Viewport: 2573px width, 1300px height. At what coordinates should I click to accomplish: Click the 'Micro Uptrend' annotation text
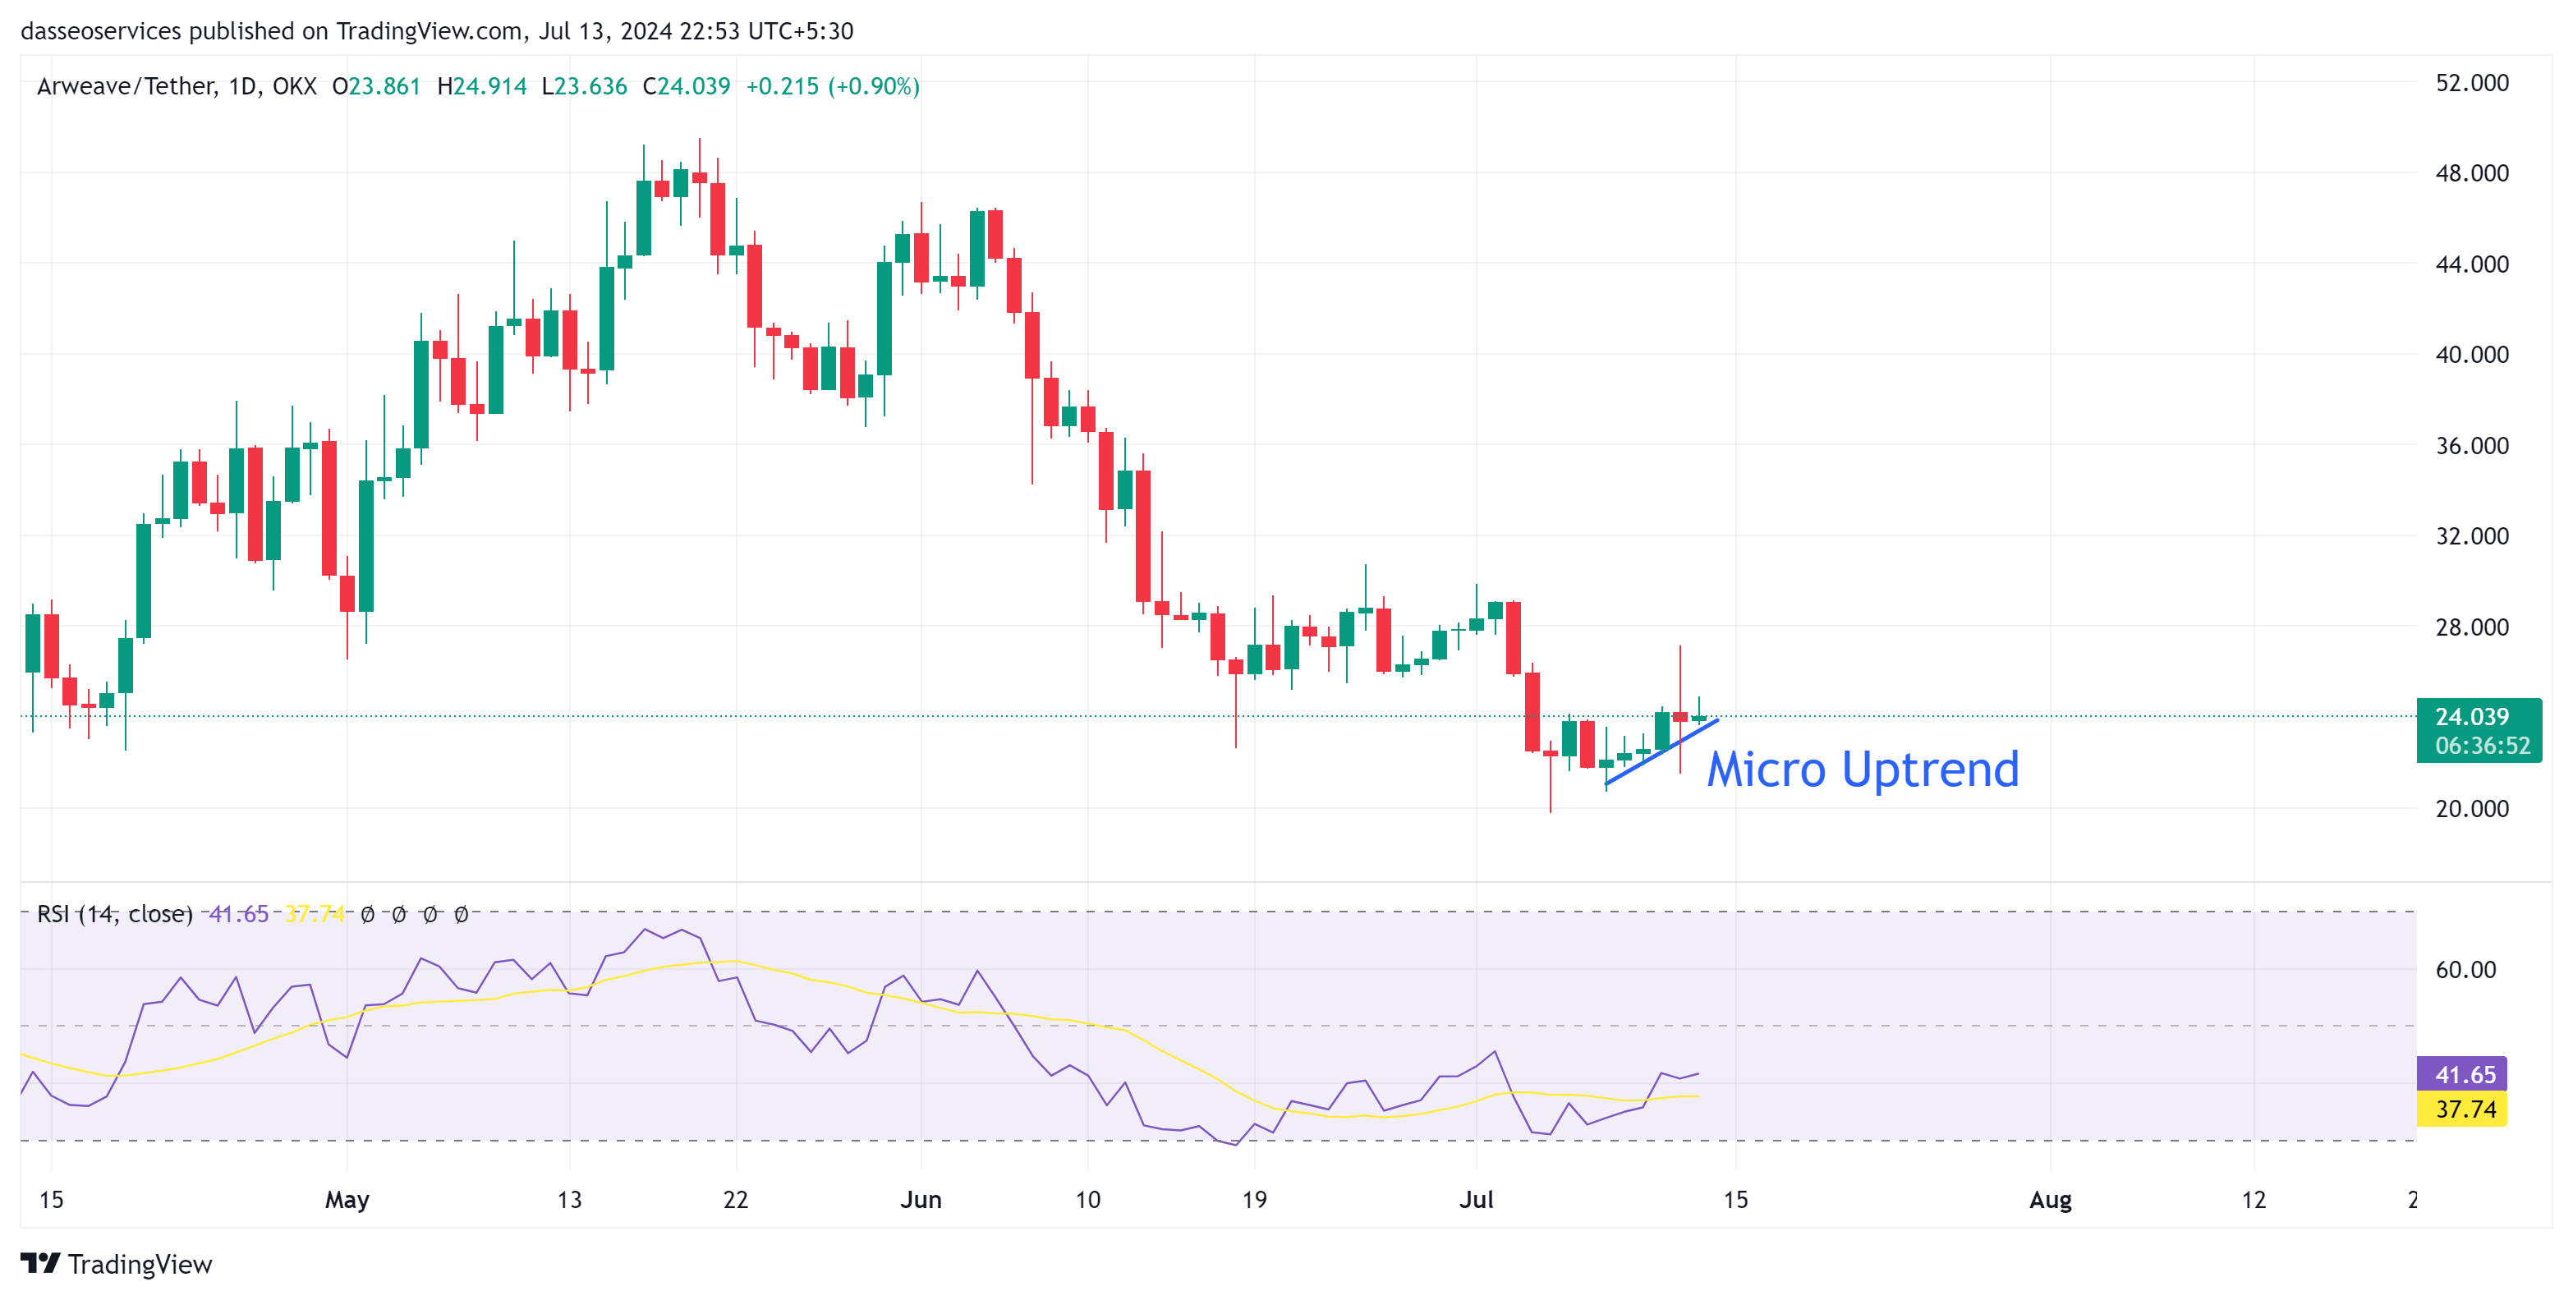[1862, 769]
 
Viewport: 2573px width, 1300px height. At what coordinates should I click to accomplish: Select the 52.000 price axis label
[2471, 83]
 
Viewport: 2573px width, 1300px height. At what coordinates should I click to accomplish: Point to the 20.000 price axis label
[2471, 809]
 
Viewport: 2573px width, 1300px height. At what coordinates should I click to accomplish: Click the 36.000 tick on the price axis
[2471, 445]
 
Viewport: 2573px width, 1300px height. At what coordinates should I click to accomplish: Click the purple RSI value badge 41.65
[2464, 1074]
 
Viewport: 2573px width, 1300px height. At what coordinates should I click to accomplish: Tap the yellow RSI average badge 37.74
[2464, 1109]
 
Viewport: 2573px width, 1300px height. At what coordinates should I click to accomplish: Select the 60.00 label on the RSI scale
[2465, 970]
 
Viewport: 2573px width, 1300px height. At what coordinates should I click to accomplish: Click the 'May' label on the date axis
[347, 1199]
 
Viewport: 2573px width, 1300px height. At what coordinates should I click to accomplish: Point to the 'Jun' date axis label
[920, 1199]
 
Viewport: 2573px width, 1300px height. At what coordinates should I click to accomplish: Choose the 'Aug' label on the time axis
[2050, 1199]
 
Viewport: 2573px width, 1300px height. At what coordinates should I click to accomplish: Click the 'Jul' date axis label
[1475, 1199]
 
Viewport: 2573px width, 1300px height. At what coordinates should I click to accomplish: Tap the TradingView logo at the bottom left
[117, 1264]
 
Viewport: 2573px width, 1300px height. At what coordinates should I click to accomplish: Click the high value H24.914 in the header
[482, 87]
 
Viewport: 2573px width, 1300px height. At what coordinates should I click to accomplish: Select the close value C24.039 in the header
[687, 87]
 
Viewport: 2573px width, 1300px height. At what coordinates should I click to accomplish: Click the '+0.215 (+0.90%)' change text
[832, 87]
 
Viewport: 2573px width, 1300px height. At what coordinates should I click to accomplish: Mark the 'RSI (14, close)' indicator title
[115, 913]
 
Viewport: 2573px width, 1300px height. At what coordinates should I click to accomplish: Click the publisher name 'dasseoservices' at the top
[101, 31]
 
